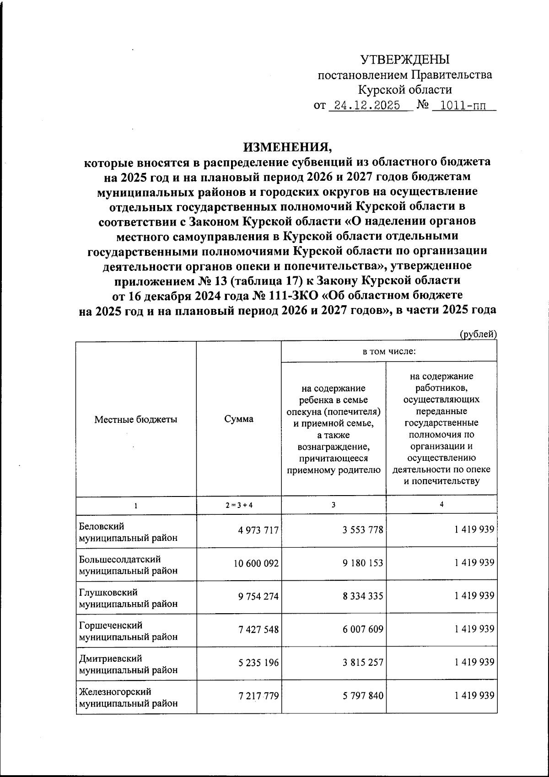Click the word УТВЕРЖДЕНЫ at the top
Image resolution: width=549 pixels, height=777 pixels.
405,59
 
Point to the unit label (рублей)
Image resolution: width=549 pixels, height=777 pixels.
478,335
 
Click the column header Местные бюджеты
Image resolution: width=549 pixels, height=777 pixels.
136,419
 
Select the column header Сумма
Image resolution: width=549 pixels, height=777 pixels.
239,419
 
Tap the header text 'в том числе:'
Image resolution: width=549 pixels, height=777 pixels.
389,352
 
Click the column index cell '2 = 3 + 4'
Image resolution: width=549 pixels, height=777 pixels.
239,505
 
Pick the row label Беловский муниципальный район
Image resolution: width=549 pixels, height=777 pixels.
128,532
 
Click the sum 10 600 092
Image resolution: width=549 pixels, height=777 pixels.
256,563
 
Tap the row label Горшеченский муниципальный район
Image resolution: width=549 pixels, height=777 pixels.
128,631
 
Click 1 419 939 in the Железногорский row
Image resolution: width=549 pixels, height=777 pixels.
474,696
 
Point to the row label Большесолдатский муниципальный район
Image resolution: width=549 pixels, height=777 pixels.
128,565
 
